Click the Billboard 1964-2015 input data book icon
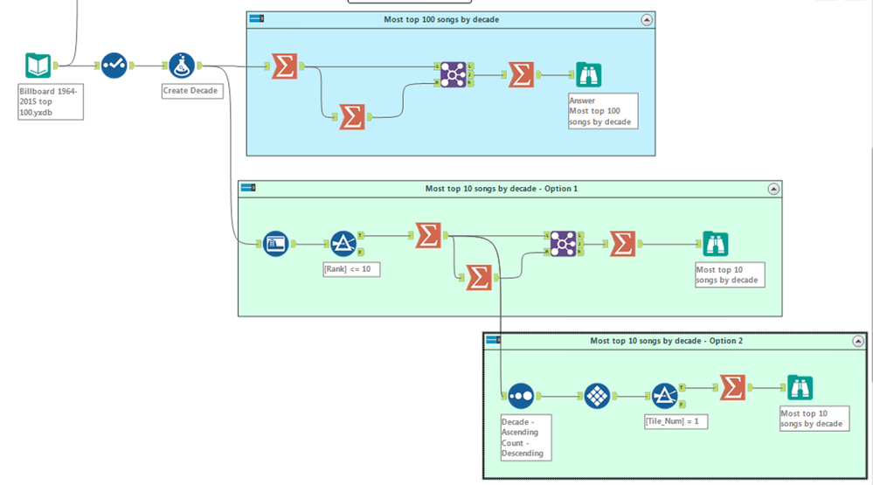pyautogui.click(x=38, y=66)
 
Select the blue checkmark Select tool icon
pyautogui.click(x=114, y=66)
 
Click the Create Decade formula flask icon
pyautogui.click(x=182, y=66)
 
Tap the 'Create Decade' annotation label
pyautogui.click(x=191, y=90)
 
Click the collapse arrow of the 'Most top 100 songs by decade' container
pyautogui.click(x=646, y=19)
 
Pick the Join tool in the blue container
pyautogui.click(x=453, y=75)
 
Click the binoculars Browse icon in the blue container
pyautogui.click(x=588, y=75)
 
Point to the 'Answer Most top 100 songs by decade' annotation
pyautogui.click(x=603, y=111)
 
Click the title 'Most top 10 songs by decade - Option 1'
pyautogui.click(x=502, y=188)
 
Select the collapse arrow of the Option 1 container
pyautogui.click(x=773, y=188)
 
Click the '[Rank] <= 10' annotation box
pyautogui.click(x=351, y=269)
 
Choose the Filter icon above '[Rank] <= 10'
pyautogui.click(x=343, y=243)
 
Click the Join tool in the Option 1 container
pyautogui.click(x=563, y=243)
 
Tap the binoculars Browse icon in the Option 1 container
pyautogui.click(x=715, y=244)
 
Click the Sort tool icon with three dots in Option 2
pyautogui.click(x=520, y=395)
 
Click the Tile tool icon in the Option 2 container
pyautogui.click(x=597, y=396)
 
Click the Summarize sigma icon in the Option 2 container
pyautogui.click(x=732, y=388)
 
